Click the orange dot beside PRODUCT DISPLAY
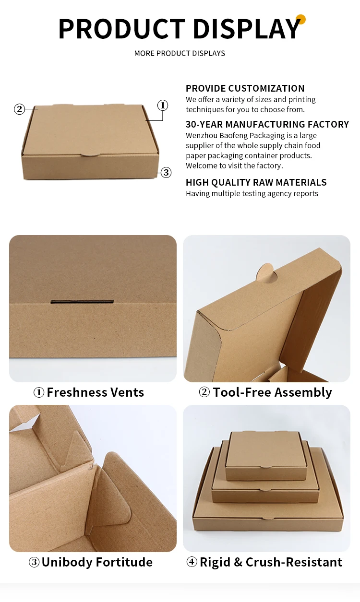(x=301, y=20)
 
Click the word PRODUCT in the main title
(x=121, y=29)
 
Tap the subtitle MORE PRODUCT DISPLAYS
(x=180, y=53)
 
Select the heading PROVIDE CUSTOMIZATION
(x=245, y=88)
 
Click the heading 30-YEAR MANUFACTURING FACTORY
(x=267, y=124)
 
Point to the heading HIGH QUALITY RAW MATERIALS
(x=256, y=182)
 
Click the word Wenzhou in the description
(x=200, y=135)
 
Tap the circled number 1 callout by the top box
(x=163, y=105)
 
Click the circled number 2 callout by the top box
(x=19, y=109)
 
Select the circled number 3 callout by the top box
(x=166, y=173)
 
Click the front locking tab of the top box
(x=89, y=154)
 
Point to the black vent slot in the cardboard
(x=82, y=302)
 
